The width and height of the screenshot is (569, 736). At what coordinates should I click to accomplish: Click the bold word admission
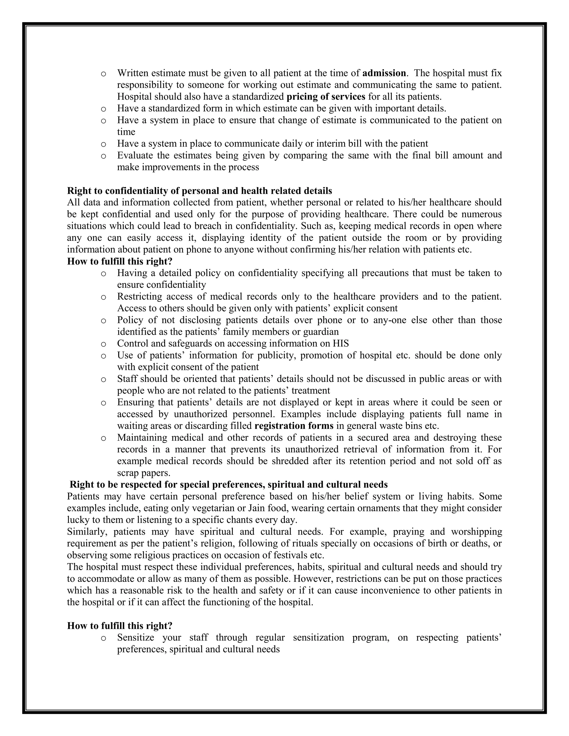click(x=384, y=73)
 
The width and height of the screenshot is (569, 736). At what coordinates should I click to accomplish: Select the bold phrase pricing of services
click(x=326, y=97)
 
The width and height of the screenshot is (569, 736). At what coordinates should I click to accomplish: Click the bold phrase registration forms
click(x=294, y=426)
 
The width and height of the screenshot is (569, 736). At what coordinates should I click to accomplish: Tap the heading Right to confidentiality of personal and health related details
click(x=199, y=191)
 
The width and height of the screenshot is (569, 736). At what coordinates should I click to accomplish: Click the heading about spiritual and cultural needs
click(x=229, y=485)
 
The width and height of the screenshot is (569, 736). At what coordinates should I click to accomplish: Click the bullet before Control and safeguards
click(x=103, y=344)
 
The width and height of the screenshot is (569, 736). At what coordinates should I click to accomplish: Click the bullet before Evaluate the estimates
click(x=103, y=156)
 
